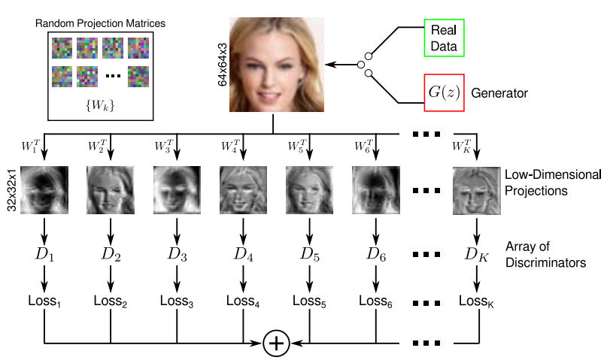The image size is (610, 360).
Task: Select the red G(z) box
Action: point(443,94)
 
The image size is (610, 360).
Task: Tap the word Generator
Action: point(500,95)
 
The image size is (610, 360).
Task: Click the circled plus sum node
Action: point(276,343)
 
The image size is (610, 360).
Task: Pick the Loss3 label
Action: point(178,301)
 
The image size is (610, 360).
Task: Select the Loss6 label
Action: point(375,301)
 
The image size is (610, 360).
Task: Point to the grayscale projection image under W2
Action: point(111,191)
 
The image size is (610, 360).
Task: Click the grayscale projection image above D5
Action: point(309,191)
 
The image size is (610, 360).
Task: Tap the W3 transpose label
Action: point(164,144)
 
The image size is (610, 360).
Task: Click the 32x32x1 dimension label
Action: point(12,191)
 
